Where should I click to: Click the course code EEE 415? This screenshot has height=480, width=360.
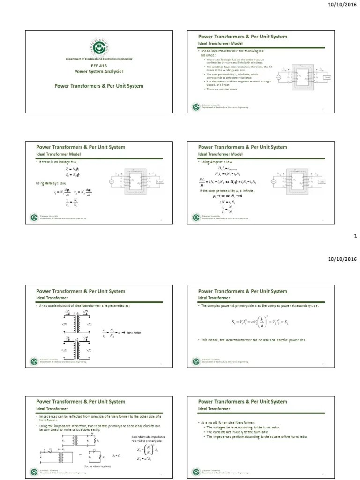(x=98, y=66)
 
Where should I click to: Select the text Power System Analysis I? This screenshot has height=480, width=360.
(x=98, y=71)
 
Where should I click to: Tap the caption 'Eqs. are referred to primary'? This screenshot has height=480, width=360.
(x=100, y=466)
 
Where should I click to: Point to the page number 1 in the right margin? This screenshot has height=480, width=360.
(x=355, y=236)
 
